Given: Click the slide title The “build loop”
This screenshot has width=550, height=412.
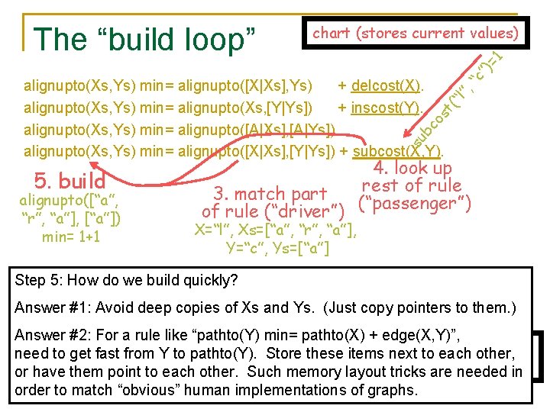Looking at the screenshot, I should click(144, 37).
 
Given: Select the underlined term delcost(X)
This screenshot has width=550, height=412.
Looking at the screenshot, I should click(389, 83).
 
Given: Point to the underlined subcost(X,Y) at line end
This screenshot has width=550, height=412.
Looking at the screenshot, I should click(402, 150).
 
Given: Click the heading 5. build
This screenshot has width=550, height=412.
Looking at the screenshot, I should click(70, 181).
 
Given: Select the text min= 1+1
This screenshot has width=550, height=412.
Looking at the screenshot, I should click(70, 237).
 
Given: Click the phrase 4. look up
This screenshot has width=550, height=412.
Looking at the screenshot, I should click(412, 168).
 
